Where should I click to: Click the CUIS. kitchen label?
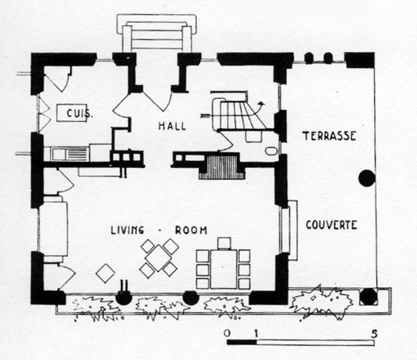coord(79,113)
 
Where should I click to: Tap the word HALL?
coord(172,126)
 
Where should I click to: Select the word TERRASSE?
coord(329,136)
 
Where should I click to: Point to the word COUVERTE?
coord(331,225)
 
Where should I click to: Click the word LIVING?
coord(127,230)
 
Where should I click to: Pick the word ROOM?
coord(191,230)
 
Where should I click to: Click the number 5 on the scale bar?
coord(374,334)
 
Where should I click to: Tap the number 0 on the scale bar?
coord(226,333)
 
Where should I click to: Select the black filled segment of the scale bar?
coord(242,342)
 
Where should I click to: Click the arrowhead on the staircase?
coord(262,103)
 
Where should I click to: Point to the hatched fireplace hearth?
coord(222,167)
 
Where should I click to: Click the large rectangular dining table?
coord(224,269)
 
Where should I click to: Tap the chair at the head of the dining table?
coord(224,243)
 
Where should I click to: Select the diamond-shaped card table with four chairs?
coord(158,258)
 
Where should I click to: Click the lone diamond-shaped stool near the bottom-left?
coord(105,273)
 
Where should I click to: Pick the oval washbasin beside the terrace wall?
coord(271,151)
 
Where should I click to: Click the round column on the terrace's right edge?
coord(367,178)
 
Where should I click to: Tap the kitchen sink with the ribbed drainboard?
coord(70,154)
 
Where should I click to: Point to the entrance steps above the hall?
coord(157,33)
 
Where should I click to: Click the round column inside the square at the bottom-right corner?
coord(368,297)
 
